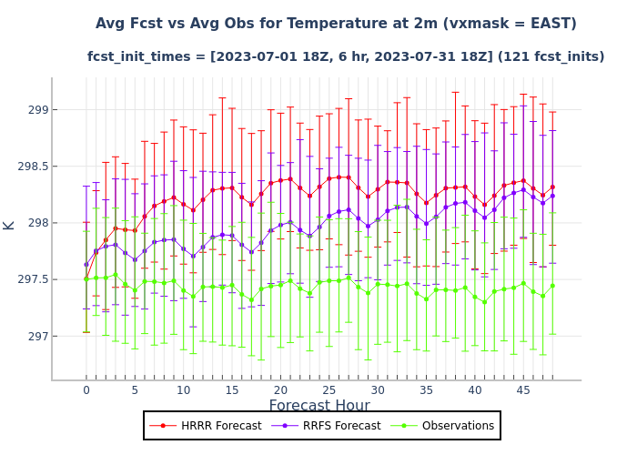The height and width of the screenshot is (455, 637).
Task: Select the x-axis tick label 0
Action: point(86,390)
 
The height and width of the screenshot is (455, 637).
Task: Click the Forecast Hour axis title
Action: point(319,406)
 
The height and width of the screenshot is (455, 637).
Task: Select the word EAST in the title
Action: point(551,23)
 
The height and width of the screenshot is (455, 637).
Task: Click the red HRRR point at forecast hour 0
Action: point(86,278)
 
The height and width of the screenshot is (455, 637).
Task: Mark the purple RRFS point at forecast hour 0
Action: point(86,265)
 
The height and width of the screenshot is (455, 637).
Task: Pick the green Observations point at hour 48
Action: point(552,286)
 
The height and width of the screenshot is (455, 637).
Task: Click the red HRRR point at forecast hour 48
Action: point(552,187)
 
